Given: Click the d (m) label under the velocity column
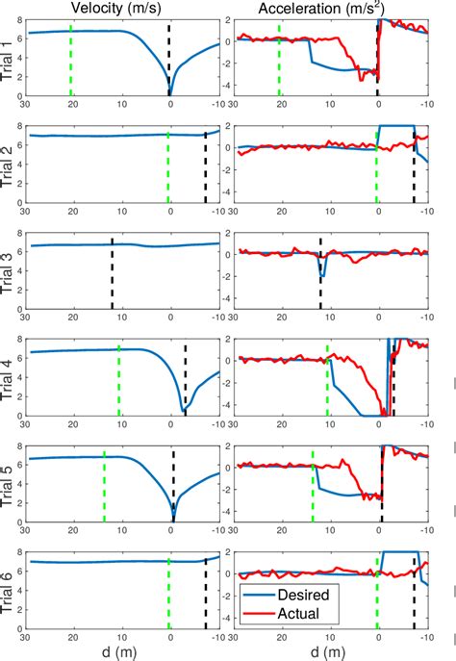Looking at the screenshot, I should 122,651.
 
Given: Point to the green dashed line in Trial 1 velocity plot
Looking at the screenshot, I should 71,60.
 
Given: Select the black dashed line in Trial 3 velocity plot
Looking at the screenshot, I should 112,274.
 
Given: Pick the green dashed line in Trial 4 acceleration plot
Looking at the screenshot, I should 327,380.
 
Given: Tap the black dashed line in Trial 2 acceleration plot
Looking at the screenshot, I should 415,168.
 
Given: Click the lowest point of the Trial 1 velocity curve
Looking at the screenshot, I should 170,93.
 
